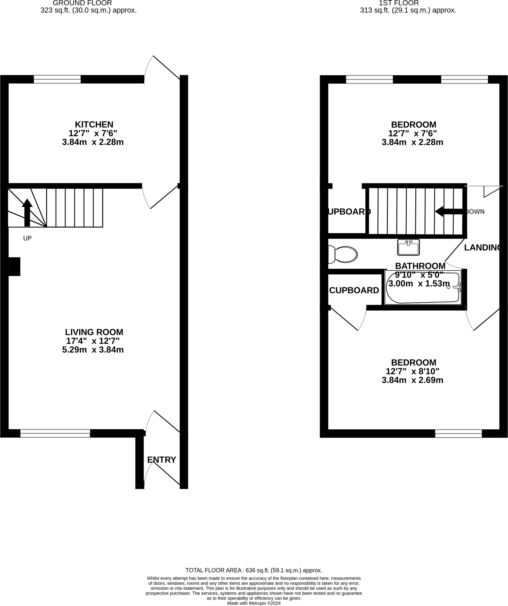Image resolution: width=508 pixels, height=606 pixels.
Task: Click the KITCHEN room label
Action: click(94, 125)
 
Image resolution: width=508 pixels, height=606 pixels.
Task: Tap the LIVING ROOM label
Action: click(94, 332)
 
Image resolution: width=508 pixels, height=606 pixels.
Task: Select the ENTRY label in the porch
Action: click(162, 460)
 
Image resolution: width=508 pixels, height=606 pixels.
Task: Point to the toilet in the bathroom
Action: click(343, 254)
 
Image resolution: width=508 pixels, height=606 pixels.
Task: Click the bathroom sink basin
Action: click(408, 247)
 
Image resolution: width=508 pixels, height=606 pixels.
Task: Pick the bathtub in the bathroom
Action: click(423, 288)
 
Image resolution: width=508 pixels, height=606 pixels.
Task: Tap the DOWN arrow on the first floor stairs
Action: click(449, 212)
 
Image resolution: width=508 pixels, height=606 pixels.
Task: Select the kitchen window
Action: click(57, 79)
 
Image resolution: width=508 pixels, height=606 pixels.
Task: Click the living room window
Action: click(55, 433)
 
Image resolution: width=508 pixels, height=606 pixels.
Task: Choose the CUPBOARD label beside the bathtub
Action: click(354, 291)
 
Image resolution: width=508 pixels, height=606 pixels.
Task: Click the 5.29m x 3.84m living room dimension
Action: click(93, 350)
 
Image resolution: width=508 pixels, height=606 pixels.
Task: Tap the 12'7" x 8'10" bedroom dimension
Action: click(412, 371)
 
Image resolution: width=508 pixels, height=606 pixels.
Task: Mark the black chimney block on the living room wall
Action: click(14, 267)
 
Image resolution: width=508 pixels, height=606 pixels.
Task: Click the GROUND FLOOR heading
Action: click(82, 3)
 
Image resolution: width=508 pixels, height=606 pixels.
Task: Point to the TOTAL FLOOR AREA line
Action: click(254, 570)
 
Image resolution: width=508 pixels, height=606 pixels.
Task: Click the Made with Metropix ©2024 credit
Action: click(254, 603)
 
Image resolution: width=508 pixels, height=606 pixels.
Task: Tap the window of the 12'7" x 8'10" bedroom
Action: click(458, 433)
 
